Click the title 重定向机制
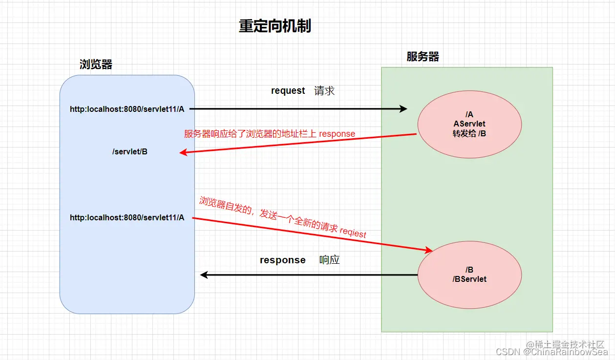pyautogui.click(x=275, y=26)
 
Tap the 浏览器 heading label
pyautogui.click(x=96, y=64)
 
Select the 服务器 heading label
pyautogui.click(x=423, y=57)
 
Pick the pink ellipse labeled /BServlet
pyautogui.click(x=469, y=275)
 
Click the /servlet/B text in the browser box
pyautogui.click(x=130, y=152)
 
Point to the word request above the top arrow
pyautogui.click(x=288, y=91)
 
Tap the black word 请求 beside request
pyautogui.click(x=324, y=91)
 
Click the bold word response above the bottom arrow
pyautogui.click(x=282, y=260)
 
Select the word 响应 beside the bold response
pyautogui.click(x=329, y=260)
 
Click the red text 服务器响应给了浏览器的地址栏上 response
pyautogui.click(x=269, y=134)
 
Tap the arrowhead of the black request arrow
pyautogui.click(x=403, y=109)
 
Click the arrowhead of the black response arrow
pyautogui.click(x=204, y=275)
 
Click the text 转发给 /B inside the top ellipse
pyautogui.click(x=469, y=134)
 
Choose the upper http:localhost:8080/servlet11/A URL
pyautogui.click(x=127, y=109)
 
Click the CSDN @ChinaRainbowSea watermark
pyautogui.click(x=551, y=352)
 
